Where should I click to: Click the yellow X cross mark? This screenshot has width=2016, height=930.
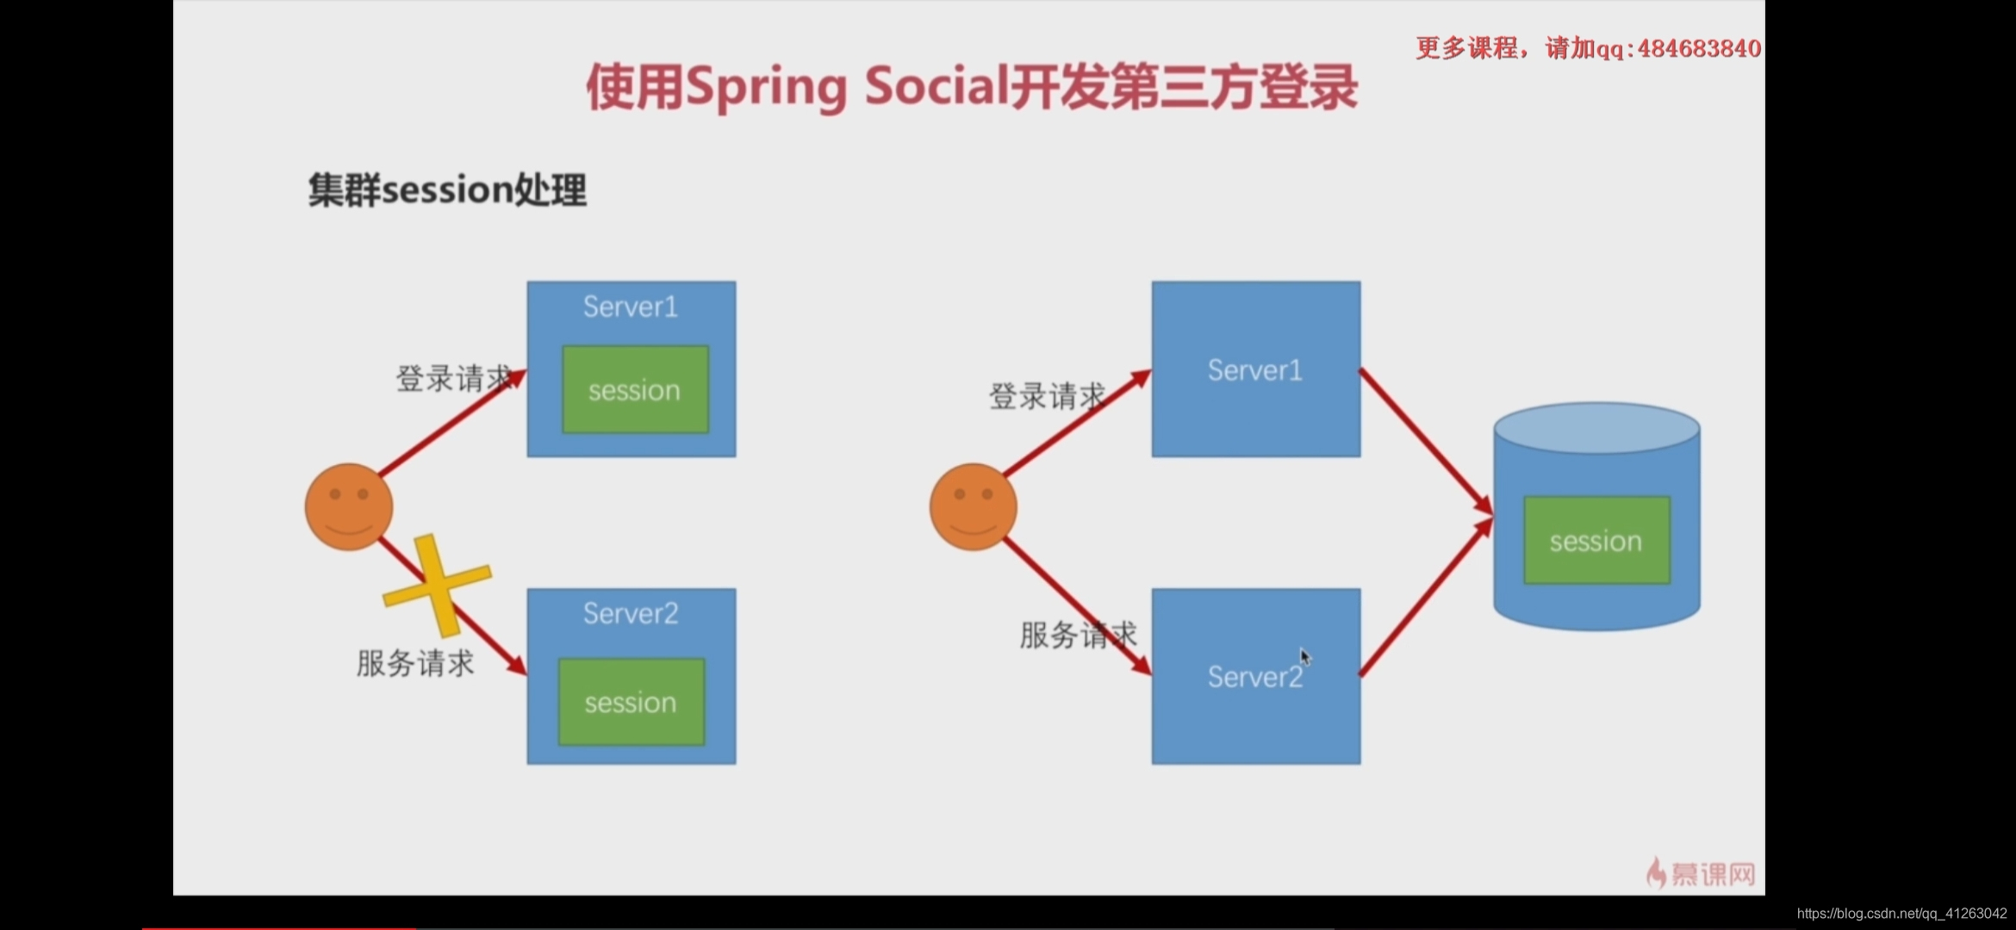tap(437, 586)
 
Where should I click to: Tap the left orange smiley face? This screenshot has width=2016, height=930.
tap(349, 506)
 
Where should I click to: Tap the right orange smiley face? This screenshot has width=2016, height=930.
tap(974, 506)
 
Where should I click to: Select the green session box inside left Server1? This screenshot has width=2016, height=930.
tap(635, 390)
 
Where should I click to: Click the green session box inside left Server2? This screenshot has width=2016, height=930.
tap(631, 703)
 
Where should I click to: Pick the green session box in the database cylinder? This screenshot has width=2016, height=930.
tap(1596, 541)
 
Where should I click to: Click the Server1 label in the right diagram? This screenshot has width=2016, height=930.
tap(1255, 370)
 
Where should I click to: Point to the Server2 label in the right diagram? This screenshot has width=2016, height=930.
tap(1254, 677)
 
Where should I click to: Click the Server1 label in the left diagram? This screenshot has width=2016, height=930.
tap(631, 307)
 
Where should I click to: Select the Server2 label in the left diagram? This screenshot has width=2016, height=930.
tap(631, 613)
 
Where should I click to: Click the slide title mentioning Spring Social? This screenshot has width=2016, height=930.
tap(972, 88)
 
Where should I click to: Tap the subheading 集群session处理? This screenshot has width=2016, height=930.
tap(447, 189)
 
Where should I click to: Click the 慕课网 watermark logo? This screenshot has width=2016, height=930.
tap(1702, 873)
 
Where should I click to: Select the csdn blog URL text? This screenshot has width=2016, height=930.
tap(1901, 914)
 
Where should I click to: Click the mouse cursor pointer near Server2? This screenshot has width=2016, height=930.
tap(1305, 657)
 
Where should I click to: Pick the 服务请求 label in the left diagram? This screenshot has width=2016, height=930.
tap(415, 663)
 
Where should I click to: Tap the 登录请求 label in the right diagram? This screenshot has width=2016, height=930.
tap(1046, 396)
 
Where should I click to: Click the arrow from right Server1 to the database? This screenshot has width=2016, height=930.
tap(1426, 441)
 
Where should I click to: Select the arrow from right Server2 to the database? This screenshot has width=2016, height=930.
tap(1426, 598)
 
